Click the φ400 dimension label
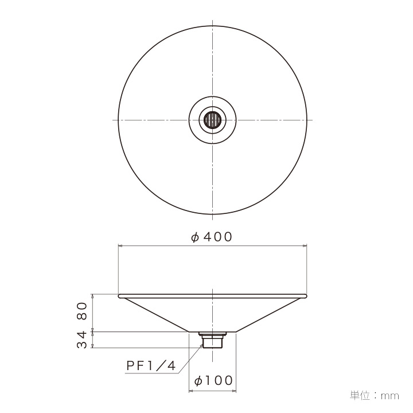click(212, 237)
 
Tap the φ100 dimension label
click(213, 381)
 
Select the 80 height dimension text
click(82, 311)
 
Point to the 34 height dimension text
click(82, 340)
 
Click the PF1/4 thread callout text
click(151, 365)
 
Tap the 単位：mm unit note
click(374, 396)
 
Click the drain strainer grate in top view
click(213, 120)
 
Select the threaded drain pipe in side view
click(212, 342)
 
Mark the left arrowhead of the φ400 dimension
click(120, 246)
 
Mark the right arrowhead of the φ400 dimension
click(305, 246)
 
